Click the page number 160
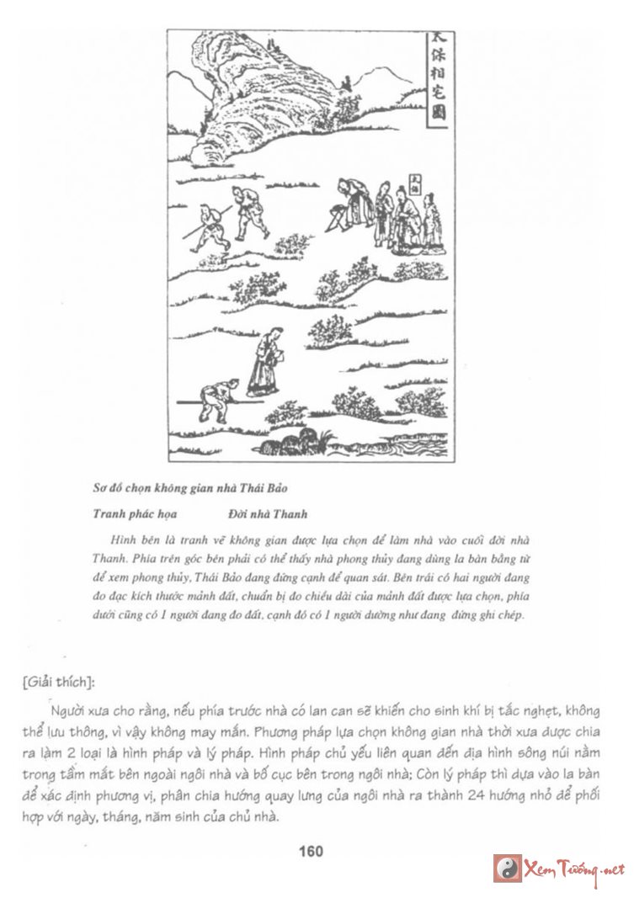click(311, 851)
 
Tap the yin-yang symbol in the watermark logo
click(507, 868)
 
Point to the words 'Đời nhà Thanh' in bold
click(267, 513)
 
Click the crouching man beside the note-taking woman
click(216, 399)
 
